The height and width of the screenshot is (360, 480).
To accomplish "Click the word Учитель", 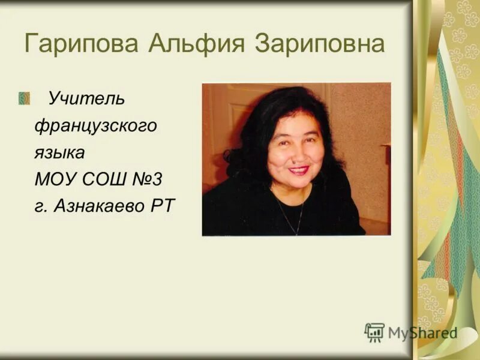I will point(86,98).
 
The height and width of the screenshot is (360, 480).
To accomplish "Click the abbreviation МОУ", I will point(55,179).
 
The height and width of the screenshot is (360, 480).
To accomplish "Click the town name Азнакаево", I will point(103,206).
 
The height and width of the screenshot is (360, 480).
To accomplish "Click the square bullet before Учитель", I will point(24,98).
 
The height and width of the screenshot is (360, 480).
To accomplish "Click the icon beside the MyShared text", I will point(374,332).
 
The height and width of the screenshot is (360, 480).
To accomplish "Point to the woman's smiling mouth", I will point(298,170).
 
